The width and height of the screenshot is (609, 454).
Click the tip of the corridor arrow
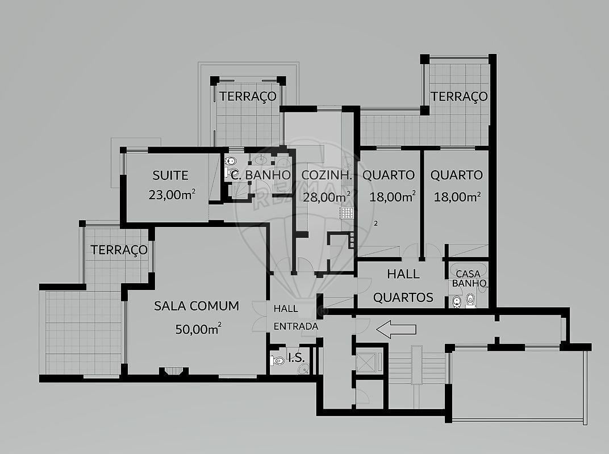click(x=376, y=330)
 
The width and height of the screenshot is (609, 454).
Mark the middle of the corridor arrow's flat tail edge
click(x=416, y=330)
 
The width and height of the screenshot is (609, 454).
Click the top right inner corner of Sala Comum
click(x=266, y=228)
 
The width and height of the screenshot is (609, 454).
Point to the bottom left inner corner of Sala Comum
click(x=128, y=374)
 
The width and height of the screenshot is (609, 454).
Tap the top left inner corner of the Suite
click(x=127, y=154)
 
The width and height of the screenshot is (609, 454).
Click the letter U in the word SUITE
click(x=163, y=175)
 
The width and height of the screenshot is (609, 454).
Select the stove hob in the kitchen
click(x=348, y=213)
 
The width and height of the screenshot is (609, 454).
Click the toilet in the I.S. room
click(x=278, y=360)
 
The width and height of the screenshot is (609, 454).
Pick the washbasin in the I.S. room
click(x=304, y=368)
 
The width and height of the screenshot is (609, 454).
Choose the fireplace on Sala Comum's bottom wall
click(x=174, y=371)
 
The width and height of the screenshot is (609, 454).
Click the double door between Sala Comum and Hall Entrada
click(x=260, y=316)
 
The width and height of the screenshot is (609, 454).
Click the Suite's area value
click(x=172, y=195)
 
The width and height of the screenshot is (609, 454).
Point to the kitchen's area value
click(x=327, y=197)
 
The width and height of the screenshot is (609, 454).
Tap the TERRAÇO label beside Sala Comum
click(x=119, y=250)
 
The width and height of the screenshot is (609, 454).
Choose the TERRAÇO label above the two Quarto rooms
click(x=459, y=96)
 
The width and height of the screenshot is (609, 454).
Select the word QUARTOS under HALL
click(x=403, y=297)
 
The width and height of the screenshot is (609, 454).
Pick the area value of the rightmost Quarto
click(x=457, y=197)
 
